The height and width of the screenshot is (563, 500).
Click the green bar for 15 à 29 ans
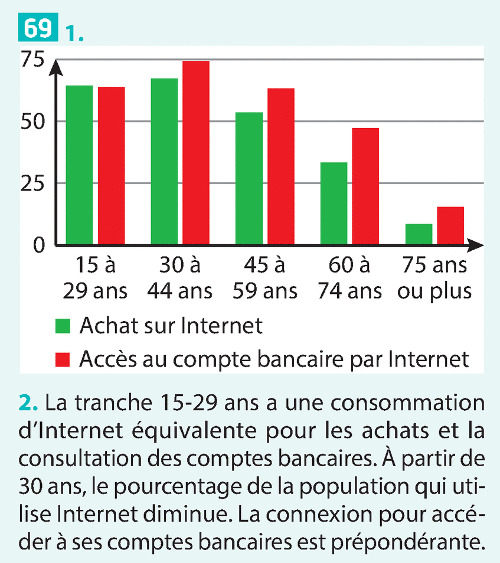pos(79,165)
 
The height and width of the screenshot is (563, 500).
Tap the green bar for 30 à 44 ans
pos(164,161)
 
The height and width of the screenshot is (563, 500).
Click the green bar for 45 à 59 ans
pos(249,178)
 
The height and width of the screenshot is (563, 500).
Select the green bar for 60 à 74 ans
pos(334,203)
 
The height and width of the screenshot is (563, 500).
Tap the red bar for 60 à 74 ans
pos(365,186)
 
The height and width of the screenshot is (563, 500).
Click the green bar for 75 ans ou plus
pos(419,234)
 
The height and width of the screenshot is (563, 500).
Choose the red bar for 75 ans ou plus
pos(450,225)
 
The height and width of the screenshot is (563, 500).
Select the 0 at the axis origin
pos(39,245)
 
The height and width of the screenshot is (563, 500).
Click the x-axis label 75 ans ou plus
pos(434,278)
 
